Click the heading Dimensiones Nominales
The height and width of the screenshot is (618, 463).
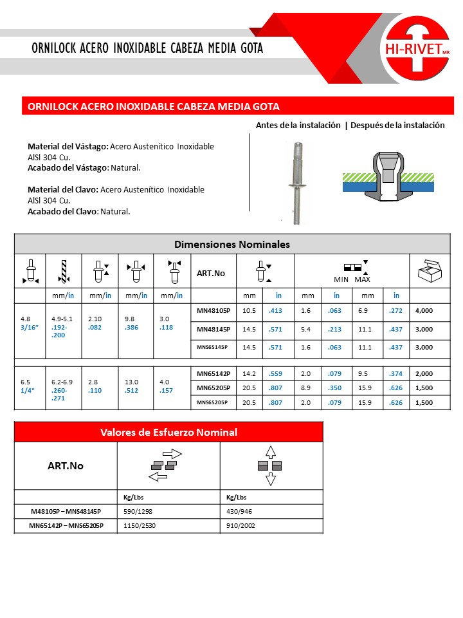[232, 245]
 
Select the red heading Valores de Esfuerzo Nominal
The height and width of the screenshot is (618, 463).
[168, 432]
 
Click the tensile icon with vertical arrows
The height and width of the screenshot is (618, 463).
[270, 465]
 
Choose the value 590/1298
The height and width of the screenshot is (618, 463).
[138, 511]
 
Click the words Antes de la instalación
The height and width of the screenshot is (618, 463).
[298, 126]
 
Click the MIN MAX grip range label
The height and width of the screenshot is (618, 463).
[352, 279]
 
